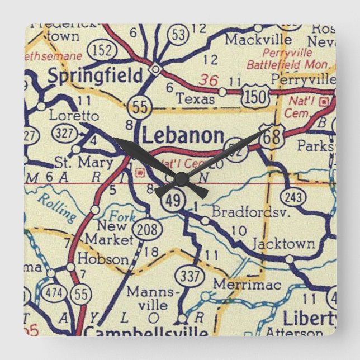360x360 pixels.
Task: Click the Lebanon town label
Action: click(x=183, y=136)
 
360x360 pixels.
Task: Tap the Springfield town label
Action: click(x=95, y=76)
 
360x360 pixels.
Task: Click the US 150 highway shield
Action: click(x=256, y=97)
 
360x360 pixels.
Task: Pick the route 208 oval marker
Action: click(x=147, y=229)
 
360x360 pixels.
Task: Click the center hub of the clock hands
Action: click(x=181, y=179)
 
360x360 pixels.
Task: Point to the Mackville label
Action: click(x=258, y=40)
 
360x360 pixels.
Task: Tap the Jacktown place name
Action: click(x=283, y=244)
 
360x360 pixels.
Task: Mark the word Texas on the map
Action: click(x=195, y=99)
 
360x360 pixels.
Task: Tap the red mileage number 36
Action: click(x=210, y=80)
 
